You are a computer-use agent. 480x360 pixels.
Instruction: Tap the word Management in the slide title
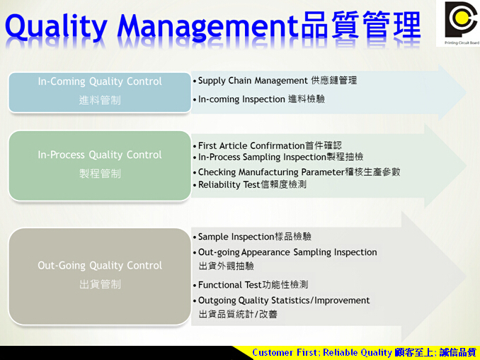(x=208, y=27)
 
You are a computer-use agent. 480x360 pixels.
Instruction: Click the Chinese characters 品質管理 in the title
(x=361, y=25)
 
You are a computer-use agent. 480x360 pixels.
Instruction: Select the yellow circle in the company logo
(x=461, y=18)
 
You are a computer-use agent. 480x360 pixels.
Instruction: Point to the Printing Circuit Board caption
(x=462, y=43)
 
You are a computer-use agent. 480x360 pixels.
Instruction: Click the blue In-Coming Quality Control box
(x=100, y=93)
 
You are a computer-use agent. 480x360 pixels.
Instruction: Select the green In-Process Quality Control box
(x=100, y=166)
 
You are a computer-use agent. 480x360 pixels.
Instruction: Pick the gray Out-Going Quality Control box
(x=100, y=276)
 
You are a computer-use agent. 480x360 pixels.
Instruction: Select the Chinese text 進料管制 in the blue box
(x=100, y=100)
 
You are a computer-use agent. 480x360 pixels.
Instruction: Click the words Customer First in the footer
(x=285, y=353)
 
